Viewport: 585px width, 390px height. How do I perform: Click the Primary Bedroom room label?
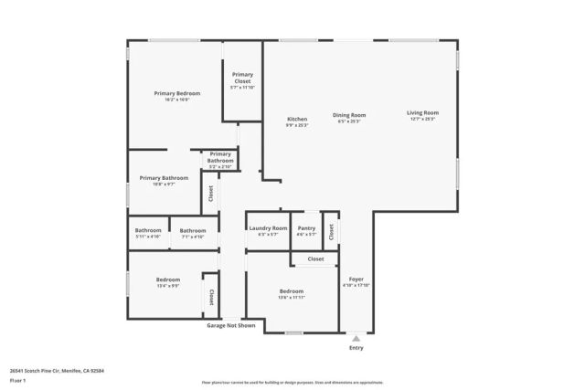176,94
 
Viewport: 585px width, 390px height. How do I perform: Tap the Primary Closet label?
242,78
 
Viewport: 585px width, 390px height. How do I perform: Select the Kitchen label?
297,119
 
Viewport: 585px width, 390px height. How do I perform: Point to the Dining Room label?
348,115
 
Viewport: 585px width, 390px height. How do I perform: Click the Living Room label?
421,115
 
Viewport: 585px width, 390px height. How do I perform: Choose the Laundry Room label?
268,228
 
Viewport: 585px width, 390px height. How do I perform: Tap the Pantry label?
306,228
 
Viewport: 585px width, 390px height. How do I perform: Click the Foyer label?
356,279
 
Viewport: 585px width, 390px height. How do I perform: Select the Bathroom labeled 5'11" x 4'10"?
148,230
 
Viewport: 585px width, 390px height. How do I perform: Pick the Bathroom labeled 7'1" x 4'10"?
192,230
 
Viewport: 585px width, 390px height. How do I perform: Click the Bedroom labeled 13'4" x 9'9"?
167,279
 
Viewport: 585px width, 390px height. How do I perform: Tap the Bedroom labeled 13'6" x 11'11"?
292,291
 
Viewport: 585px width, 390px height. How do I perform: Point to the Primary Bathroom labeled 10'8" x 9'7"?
164,178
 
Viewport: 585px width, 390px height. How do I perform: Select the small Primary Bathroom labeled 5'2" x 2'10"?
220,157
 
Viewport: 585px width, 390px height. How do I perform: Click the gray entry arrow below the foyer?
356,337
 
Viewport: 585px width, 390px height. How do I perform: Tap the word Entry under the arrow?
356,348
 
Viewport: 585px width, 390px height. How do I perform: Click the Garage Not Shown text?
231,324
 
